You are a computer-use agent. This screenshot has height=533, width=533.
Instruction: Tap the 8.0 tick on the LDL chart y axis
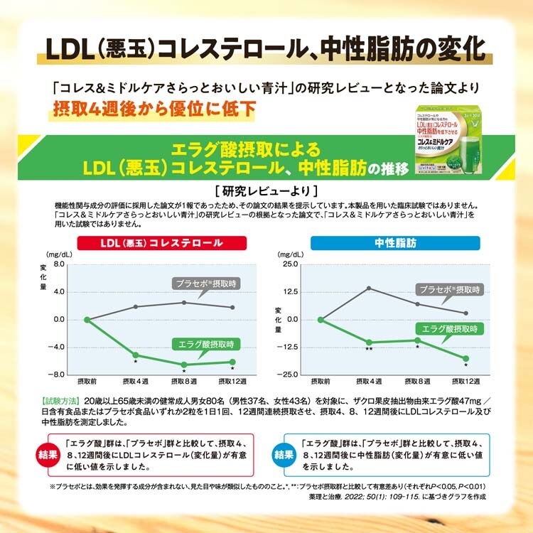pos(58,264)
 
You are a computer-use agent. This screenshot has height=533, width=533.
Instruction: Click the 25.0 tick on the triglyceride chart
pos(289,264)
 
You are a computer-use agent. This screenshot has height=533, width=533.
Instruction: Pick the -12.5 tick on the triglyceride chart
pos(289,347)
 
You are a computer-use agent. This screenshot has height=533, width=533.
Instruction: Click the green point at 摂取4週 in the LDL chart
pos(135,355)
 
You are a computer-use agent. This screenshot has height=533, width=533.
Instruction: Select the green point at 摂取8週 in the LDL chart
pos(183,365)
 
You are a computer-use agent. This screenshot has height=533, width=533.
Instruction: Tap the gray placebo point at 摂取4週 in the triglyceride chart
pos(369,288)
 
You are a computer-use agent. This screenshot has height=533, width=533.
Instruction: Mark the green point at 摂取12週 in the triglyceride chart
pos(465,358)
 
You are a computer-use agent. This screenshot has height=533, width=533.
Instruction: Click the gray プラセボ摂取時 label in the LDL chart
pos(205,284)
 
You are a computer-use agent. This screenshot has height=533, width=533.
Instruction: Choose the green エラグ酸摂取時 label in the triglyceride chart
pos(450,329)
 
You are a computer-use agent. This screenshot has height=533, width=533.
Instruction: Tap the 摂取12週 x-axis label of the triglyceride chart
pos(465,382)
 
